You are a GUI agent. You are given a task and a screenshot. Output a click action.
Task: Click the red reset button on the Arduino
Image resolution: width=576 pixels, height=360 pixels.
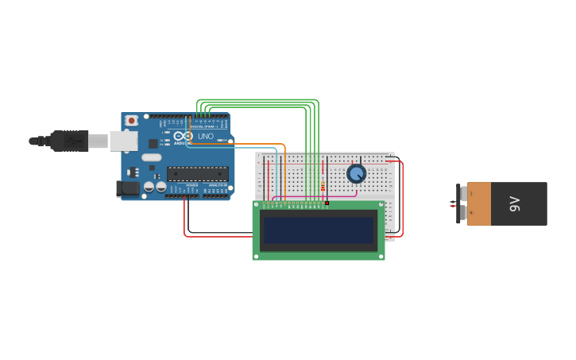pos(131,120)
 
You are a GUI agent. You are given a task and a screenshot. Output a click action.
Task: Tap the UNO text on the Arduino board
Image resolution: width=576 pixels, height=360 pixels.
pos(205,136)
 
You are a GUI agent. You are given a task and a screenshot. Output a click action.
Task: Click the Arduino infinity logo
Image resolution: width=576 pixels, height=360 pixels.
pos(184,136)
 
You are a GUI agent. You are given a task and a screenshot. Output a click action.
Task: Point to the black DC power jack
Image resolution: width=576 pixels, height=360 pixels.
pos(127,189)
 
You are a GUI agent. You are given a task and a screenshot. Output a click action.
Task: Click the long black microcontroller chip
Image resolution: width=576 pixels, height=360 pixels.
pos(197,173)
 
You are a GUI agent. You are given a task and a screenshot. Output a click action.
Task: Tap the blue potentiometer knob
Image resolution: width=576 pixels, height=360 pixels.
pos(357,173)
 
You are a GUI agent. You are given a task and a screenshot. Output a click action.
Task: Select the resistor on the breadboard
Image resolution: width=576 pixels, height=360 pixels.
pos(323,188)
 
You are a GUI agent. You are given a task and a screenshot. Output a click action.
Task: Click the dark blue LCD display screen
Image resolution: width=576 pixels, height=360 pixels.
pos(319,230)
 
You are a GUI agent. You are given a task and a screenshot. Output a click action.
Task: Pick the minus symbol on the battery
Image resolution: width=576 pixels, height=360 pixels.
pos(471,193)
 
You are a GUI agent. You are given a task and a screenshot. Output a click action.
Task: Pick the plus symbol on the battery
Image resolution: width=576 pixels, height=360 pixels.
pos(471,213)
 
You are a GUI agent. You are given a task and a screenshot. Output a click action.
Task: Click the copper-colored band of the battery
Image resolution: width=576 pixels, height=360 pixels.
pos(478,203)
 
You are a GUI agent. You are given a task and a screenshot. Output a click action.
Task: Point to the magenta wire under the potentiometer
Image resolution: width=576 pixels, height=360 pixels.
pos(318,195)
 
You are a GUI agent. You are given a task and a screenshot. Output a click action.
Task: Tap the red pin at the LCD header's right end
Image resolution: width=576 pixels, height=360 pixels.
pos(327,203)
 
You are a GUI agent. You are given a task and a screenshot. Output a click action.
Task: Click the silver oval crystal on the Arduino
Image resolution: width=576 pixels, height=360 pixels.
pos(152,157)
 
